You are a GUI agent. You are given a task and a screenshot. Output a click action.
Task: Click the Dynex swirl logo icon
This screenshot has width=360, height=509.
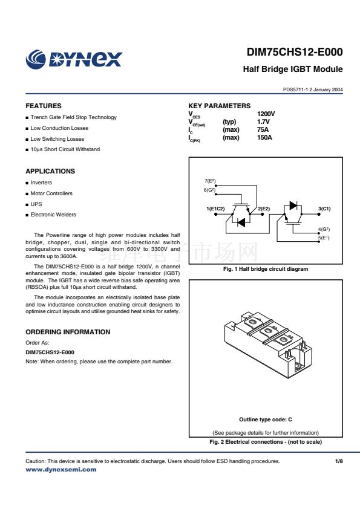(36, 59)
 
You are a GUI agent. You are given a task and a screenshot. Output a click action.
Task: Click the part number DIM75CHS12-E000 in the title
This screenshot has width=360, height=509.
(295, 52)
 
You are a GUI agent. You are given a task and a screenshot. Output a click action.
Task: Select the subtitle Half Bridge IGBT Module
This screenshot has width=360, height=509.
(293, 69)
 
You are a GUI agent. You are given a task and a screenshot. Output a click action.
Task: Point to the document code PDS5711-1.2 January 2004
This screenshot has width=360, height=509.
(313, 89)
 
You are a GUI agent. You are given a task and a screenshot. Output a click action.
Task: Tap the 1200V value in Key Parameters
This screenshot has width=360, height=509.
(266, 114)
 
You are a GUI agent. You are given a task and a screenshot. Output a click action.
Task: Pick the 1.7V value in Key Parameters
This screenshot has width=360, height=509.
(263, 122)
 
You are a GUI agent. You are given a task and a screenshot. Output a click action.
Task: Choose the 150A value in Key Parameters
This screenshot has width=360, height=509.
(264, 137)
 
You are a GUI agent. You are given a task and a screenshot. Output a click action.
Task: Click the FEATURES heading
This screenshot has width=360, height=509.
(44, 106)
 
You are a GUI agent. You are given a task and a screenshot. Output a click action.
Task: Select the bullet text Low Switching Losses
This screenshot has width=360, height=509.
(57, 139)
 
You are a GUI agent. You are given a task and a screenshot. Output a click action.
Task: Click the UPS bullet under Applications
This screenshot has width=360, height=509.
(36, 204)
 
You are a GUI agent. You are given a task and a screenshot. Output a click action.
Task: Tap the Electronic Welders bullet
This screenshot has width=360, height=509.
(53, 215)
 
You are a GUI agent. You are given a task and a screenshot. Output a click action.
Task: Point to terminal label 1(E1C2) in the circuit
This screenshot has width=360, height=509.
(215, 209)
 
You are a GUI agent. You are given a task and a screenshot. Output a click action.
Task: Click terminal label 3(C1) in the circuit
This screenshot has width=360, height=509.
(324, 209)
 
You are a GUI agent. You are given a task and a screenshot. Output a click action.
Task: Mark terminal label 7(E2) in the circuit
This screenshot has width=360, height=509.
(210, 181)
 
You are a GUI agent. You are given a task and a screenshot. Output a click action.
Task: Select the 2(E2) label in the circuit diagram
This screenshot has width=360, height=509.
(264, 209)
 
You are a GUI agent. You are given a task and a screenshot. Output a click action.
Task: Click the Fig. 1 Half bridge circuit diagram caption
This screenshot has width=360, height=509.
(266, 269)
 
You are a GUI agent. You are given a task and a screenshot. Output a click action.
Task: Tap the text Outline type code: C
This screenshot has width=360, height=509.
(266, 420)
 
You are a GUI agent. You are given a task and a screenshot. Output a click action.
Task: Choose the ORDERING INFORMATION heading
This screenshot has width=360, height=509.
(68, 332)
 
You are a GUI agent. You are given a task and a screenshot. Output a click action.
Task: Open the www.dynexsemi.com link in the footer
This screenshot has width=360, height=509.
(61, 469)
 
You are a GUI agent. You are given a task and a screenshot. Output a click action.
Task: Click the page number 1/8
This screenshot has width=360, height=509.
(339, 461)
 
